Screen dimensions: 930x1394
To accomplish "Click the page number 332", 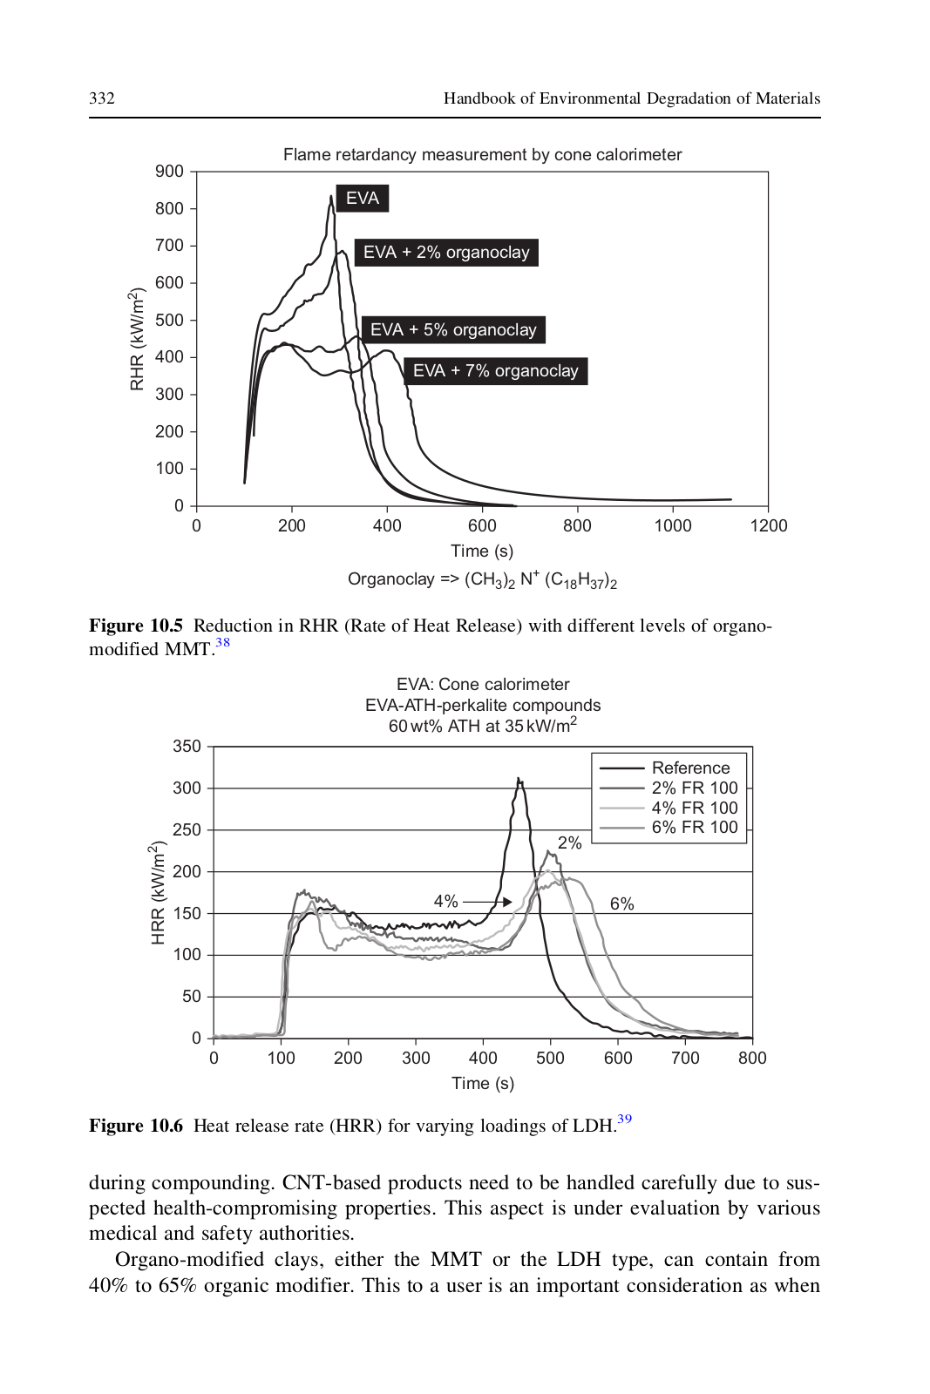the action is point(101,98).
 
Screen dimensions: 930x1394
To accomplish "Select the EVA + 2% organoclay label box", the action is point(446,253).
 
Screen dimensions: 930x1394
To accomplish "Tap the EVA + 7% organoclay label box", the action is point(495,371).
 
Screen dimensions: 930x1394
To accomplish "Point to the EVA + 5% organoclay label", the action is point(453,330).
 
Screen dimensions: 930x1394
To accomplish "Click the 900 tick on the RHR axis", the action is point(169,171).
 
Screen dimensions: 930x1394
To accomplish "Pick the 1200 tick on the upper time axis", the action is point(769,526).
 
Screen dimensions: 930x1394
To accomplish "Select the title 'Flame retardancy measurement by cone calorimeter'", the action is point(482,155).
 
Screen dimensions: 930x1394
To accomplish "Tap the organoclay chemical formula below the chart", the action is point(482,580).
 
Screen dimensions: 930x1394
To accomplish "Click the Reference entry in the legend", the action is point(665,768).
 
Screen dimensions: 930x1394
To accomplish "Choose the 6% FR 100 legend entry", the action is point(669,828).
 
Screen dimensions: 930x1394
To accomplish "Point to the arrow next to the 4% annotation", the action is point(486,902).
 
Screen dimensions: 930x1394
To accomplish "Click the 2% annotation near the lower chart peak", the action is point(569,843).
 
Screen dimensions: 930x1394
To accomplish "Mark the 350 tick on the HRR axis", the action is point(187,746).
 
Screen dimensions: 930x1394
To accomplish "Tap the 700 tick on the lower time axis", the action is point(685,1058).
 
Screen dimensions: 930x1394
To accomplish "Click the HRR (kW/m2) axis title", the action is point(159,892).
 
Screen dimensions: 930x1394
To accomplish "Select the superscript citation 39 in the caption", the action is point(624,1119).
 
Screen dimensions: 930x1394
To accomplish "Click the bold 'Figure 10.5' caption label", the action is point(136,626).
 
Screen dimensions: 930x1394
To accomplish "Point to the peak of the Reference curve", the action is point(518,778).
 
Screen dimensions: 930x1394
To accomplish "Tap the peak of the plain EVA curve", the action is point(331,197).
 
